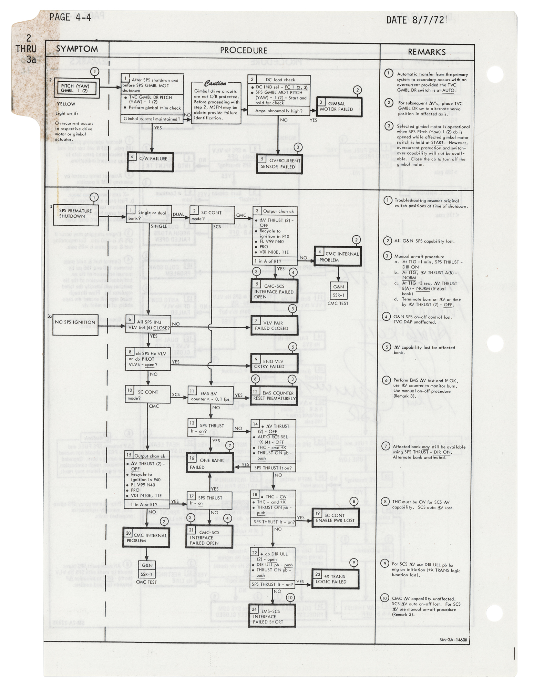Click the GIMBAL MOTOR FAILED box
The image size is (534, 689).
tap(339, 107)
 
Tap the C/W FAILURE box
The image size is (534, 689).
tap(150, 161)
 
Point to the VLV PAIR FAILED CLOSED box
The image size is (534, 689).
tap(274, 326)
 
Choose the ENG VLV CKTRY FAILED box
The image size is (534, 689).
tap(274, 364)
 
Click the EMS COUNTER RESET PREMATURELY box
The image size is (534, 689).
tap(274, 395)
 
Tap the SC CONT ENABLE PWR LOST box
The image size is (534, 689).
tap(335, 518)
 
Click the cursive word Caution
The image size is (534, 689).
tap(215, 84)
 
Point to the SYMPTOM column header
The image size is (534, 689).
tap(76, 49)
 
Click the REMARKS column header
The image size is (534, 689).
tap(427, 52)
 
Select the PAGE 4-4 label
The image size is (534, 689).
tap(70, 17)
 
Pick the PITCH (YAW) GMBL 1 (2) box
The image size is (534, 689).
tap(77, 88)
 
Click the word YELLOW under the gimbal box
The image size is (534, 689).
tap(66, 104)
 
